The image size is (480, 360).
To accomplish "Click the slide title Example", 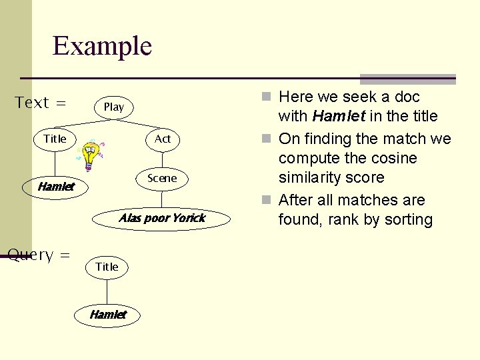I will click(x=102, y=47).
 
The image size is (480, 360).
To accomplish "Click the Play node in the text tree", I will click(x=113, y=107).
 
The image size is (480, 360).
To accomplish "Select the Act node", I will click(x=163, y=139).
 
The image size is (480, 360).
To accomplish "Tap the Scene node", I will click(x=162, y=178).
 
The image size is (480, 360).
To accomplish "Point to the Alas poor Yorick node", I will click(x=162, y=218).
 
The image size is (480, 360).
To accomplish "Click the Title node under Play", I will click(x=55, y=139).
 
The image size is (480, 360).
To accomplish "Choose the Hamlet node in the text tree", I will click(x=55, y=187).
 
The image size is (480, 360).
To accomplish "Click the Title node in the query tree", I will click(x=107, y=267).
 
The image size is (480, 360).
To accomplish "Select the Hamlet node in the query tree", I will click(x=107, y=315).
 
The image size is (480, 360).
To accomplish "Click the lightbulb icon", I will click(x=90, y=153).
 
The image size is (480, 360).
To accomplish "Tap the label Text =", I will click(x=41, y=103).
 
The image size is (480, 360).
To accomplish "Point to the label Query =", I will click(x=39, y=255).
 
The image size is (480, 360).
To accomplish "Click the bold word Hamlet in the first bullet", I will click(x=339, y=117).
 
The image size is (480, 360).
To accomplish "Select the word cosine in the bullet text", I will click(x=393, y=159).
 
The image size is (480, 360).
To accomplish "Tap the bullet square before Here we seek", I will click(x=267, y=97).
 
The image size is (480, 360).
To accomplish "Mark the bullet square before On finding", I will click(x=267, y=139).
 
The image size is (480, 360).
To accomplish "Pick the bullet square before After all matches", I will click(x=267, y=201).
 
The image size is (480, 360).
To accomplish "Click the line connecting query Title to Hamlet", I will click(x=107, y=291).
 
